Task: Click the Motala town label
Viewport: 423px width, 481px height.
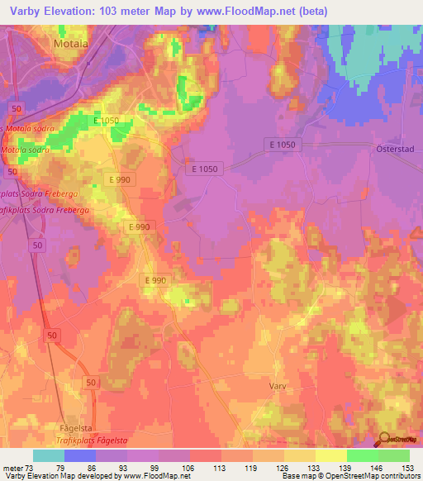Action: coord(70,42)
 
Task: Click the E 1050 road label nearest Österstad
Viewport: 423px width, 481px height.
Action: coord(281,145)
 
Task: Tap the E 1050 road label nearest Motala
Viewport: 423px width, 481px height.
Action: coord(107,121)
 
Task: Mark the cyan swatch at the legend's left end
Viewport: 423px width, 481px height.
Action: coord(49,455)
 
